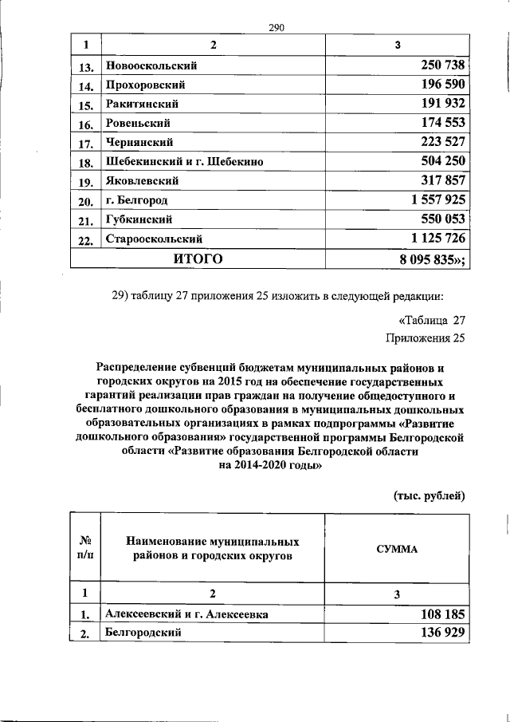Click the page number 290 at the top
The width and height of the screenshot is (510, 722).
[277, 28]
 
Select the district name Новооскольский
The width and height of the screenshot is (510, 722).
[151, 66]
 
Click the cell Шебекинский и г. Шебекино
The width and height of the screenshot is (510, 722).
[184, 162]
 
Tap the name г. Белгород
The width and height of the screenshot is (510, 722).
[137, 200]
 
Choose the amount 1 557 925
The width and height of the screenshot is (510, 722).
[428, 199]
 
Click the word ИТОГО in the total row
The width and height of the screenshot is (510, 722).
[198, 258]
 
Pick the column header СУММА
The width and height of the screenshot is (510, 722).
[397, 550]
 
